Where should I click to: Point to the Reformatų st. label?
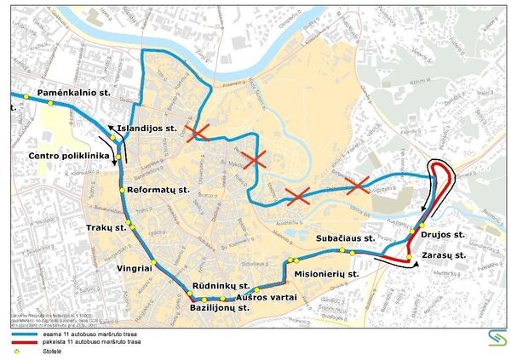(158, 190)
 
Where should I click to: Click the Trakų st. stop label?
(106, 228)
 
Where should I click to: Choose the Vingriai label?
(134, 266)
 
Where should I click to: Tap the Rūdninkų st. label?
(220, 285)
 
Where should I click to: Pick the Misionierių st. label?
(327, 274)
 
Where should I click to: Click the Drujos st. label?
(442, 233)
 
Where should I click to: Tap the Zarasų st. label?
(445, 254)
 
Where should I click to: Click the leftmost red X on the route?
(199, 133)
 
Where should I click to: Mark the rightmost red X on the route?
(357, 183)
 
